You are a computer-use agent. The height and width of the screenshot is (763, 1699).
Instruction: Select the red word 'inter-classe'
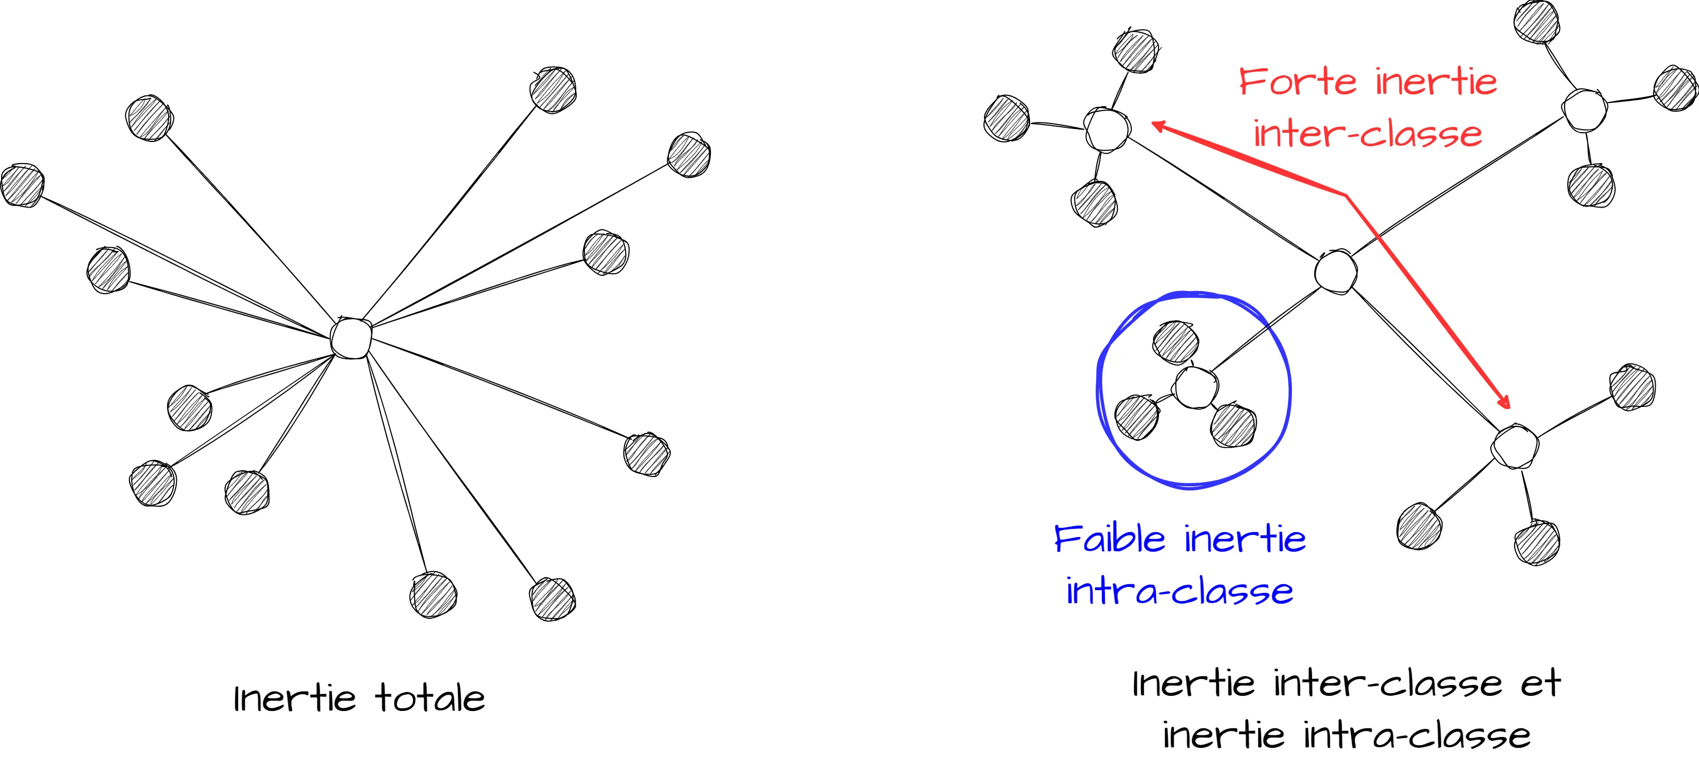(x=1367, y=134)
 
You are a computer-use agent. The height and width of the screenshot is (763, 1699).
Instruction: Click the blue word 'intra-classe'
(x=1179, y=591)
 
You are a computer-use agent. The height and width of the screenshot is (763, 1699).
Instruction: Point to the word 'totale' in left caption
(x=430, y=699)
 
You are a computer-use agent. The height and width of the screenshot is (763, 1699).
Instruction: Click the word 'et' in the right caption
(x=1541, y=683)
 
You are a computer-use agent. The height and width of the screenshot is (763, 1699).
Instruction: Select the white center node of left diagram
(x=351, y=338)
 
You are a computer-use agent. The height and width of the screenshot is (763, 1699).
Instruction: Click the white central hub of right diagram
(x=1336, y=271)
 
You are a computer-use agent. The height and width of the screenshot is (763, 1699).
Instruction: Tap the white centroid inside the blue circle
(x=1196, y=388)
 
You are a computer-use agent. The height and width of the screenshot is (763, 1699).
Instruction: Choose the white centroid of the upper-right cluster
(x=1584, y=110)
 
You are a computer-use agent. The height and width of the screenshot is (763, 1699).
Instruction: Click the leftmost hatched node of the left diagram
(x=22, y=185)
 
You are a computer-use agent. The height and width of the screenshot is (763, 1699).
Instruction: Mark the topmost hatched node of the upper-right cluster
(x=1536, y=22)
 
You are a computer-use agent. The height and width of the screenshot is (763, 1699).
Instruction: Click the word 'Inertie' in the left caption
(x=294, y=699)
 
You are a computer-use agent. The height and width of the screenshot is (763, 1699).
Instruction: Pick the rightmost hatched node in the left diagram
(x=688, y=155)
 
